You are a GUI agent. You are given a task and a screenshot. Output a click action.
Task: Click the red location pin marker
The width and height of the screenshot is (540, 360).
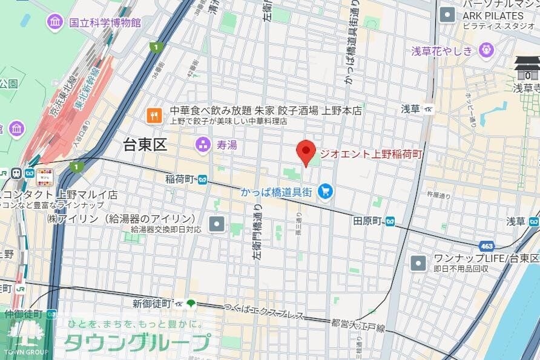coord(306,152)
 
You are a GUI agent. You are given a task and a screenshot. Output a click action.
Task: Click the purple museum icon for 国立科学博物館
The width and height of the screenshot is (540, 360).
coord(55,22)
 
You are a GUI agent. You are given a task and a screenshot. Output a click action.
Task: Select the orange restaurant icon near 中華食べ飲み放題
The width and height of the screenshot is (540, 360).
coord(154,115)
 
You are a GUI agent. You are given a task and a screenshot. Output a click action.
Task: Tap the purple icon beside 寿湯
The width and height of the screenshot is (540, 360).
coord(202,145)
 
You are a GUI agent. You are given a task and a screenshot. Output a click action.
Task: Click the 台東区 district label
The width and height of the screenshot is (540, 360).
coord(145,145)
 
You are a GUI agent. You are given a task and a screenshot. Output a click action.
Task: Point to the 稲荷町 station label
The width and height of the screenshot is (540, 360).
coord(180,179)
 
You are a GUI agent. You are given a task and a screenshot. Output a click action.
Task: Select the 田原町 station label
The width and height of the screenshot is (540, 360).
coord(367,221)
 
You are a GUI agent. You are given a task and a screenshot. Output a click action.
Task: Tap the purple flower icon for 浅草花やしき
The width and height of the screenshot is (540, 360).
coord(486,51)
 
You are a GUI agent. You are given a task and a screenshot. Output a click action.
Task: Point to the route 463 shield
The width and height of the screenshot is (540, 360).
coord(486,246)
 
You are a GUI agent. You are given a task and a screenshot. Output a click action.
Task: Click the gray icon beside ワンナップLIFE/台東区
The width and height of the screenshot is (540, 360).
coord(418,263)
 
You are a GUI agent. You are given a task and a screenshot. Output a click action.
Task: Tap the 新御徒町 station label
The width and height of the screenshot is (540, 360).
coord(152,303)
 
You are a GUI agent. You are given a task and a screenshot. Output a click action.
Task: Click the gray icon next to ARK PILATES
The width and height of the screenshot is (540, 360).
coord(447,15)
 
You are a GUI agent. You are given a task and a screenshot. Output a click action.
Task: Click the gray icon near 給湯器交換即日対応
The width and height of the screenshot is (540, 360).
coord(217,224)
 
